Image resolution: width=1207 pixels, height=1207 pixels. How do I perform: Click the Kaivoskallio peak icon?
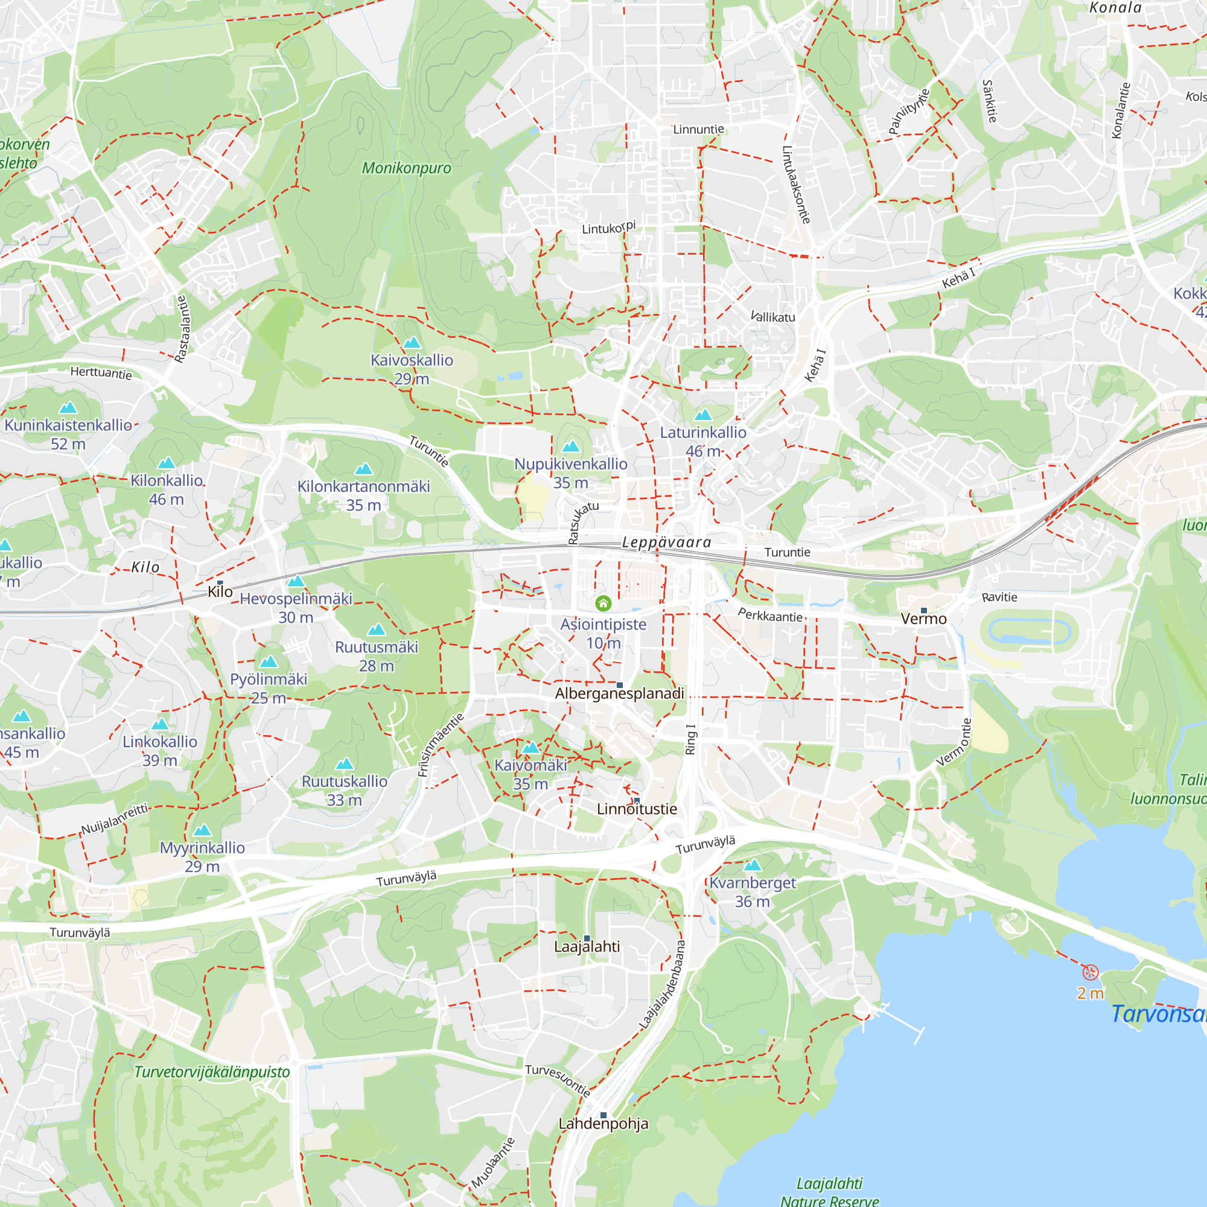(x=412, y=342)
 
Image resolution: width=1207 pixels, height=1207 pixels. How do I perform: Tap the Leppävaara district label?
(x=667, y=543)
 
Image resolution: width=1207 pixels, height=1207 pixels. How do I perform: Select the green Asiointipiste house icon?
(x=603, y=603)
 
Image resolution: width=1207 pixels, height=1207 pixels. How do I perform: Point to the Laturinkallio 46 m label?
(x=703, y=442)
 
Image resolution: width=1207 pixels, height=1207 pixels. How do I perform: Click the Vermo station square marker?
(x=924, y=610)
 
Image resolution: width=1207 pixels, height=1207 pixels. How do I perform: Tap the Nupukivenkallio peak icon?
(x=571, y=446)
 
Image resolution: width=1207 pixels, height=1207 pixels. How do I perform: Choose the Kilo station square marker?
(x=220, y=582)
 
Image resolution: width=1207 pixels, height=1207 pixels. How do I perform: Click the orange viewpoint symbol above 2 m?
(x=1090, y=972)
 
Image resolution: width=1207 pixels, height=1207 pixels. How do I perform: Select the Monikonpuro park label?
(x=406, y=168)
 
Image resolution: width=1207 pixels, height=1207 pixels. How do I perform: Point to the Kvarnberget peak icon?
(x=753, y=865)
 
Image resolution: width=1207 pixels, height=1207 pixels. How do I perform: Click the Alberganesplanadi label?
(x=619, y=693)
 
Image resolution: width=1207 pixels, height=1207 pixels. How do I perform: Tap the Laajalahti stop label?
(x=587, y=946)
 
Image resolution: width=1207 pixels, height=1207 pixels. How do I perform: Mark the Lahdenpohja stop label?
(x=603, y=1124)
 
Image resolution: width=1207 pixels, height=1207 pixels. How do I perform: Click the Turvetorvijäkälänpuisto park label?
(x=212, y=1072)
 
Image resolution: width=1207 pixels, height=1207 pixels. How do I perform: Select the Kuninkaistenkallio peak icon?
(x=68, y=408)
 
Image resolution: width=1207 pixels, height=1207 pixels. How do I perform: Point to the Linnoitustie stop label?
(x=637, y=809)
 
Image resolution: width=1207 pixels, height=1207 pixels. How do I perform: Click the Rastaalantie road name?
(x=182, y=330)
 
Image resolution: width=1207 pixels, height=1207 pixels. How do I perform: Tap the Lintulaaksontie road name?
(x=797, y=185)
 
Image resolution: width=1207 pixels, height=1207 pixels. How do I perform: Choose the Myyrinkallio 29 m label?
(x=202, y=856)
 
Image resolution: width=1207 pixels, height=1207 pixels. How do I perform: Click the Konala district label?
(x=1115, y=7)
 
